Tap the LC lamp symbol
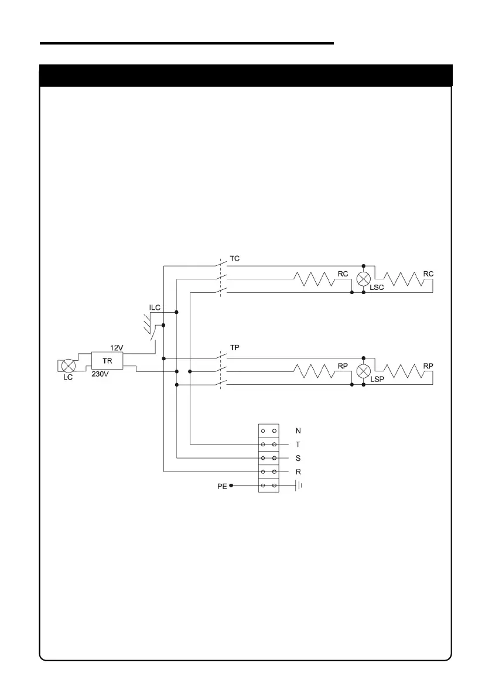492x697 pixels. pos(69,365)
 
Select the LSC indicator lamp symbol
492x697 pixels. pos(364,278)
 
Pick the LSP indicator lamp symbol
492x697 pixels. pos(364,371)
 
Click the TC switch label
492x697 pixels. pos(234,258)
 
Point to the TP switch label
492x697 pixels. pos(234,347)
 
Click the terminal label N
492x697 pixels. pos(298,430)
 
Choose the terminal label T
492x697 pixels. pos(298,445)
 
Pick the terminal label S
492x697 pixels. pos(298,458)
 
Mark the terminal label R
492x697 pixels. pos(298,471)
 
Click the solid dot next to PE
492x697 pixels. pos(231,486)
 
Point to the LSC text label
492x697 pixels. pos(378,289)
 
